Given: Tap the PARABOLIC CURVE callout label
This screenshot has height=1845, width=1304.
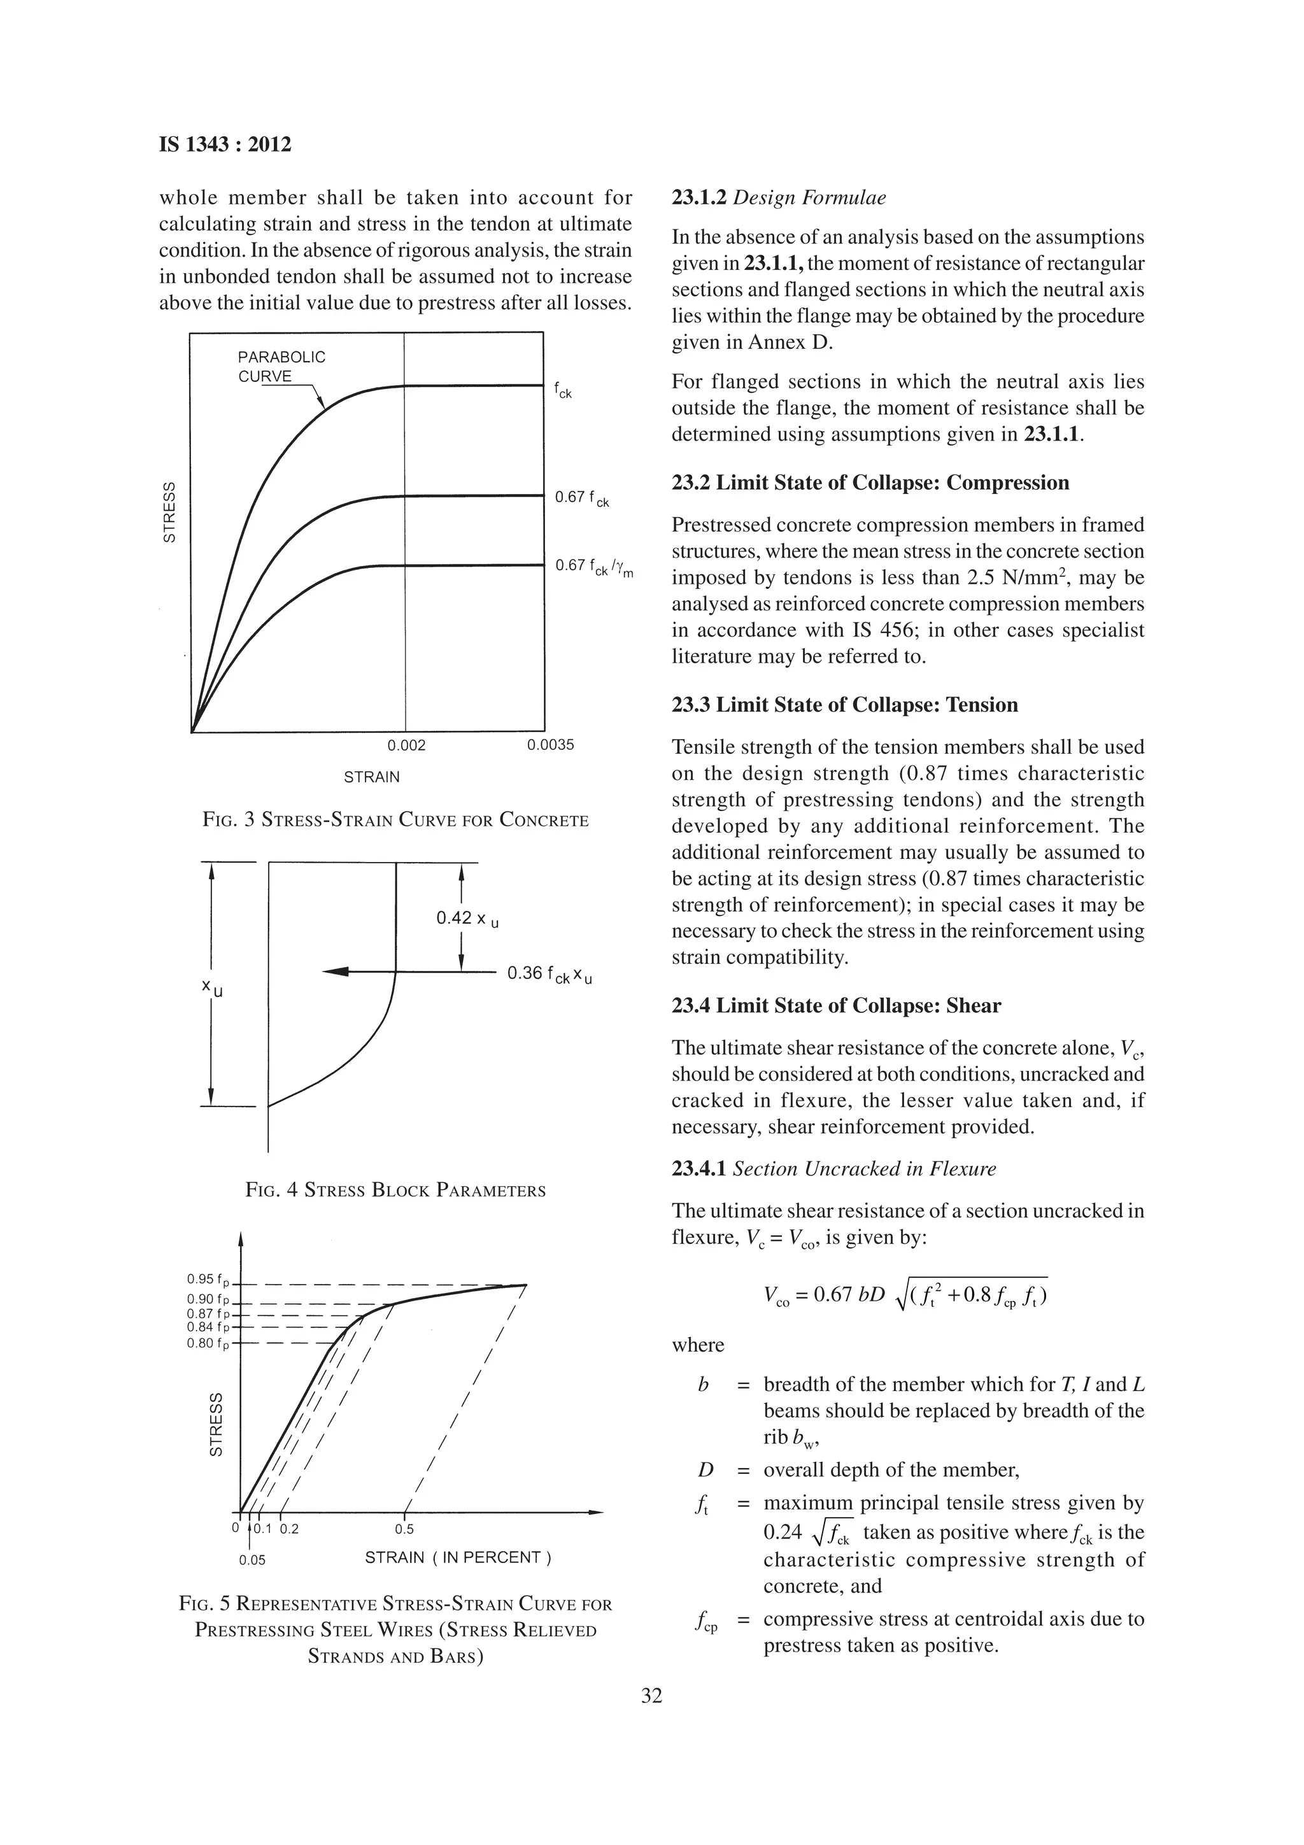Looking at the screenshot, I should click(x=281, y=367).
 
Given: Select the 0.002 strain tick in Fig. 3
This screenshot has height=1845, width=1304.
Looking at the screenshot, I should click(x=406, y=745).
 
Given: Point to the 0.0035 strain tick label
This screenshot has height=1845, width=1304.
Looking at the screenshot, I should click(x=550, y=745).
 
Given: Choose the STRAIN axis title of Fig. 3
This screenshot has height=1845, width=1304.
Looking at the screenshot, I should click(x=371, y=777).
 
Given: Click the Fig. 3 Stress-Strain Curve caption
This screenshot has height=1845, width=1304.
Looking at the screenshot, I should click(x=395, y=821).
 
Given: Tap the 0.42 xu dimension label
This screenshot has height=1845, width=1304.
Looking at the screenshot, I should click(x=467, y=919).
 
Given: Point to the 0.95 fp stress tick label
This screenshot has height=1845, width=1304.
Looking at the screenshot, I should click(x=208, y=1279).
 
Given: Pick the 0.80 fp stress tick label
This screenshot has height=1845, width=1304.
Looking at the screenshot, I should click(x=208, y=1343).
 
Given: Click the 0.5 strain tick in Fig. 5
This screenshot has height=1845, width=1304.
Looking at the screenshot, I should click(x=404, y=1529).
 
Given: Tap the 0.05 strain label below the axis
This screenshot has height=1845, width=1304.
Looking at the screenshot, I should click(x=252, y=1560).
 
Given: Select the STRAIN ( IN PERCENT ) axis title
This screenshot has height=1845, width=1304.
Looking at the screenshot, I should click(x=458, y=1557).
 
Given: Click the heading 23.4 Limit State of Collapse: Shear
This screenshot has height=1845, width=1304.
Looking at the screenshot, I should click(x=835, y=1006).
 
